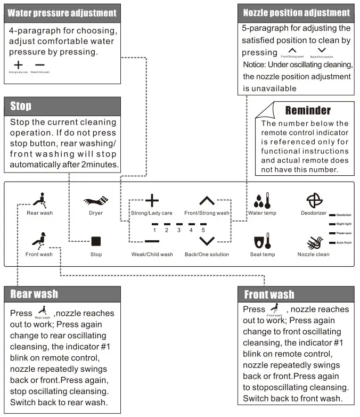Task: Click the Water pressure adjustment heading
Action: tap(62, 12)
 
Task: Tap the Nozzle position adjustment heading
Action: tap(296, 12)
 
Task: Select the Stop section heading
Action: tap(21, 106)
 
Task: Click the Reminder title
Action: tap(308, 111)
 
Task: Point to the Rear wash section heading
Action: tap(34, 293)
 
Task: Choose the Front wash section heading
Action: tap(269, 295)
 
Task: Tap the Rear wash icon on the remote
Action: tap(38, 200)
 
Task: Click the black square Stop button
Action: tap(96, 241)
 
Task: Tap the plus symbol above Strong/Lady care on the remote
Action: tap(152, 201)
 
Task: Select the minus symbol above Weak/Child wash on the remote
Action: tap(152, 241)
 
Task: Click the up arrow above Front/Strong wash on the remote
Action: tap(207, 201)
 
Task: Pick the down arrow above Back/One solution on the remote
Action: tap(207, 241)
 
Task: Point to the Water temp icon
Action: tap(263, 200)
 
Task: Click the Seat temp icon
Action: tap(263, 241)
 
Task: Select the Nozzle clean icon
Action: tap(313, 241)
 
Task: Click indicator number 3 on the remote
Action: tap(178, 230)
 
